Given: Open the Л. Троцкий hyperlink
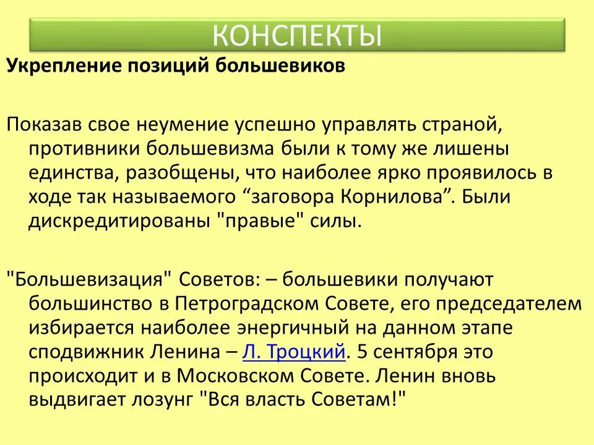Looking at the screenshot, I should click(293, 352).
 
